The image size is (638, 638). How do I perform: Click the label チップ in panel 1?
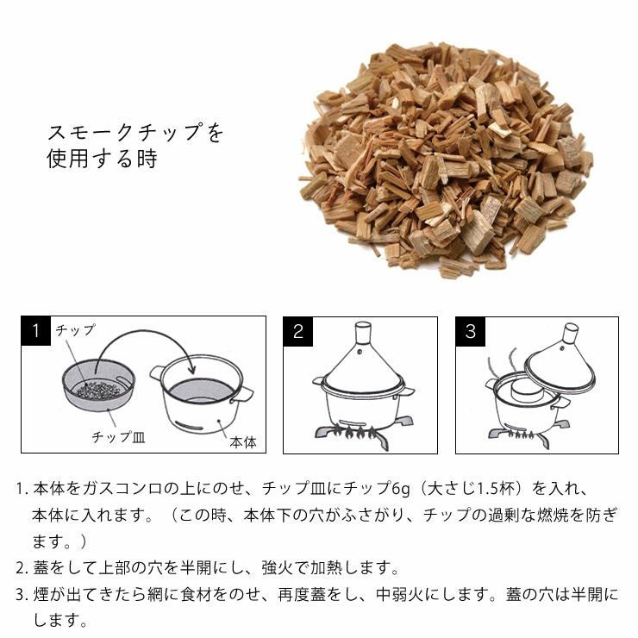click(x=76, y=330)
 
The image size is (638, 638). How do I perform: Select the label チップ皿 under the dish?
click(x=119, y=436)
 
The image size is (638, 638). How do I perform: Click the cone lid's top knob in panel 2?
click(x=361, y=331)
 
